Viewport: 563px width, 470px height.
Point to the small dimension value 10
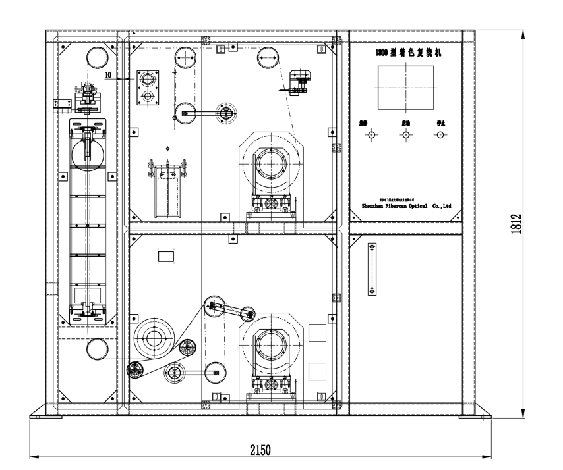click(109, 75)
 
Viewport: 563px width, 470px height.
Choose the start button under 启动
click(405, 135)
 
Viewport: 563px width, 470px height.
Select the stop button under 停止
click(439, 135)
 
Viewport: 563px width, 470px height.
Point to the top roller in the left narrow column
click(98, 56)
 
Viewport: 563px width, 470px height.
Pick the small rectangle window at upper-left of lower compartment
click(165, 255)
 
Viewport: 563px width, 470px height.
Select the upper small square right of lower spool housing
click(317, 332)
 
